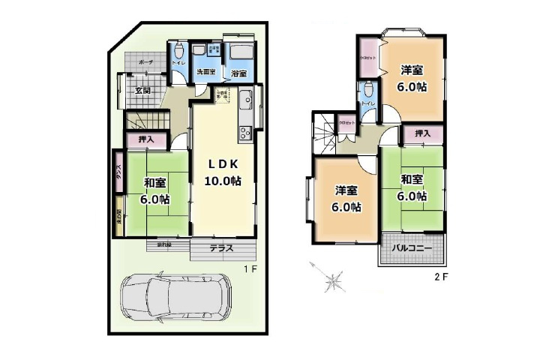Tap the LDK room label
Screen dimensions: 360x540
coord(223,163)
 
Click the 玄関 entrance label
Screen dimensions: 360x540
coord(143,91)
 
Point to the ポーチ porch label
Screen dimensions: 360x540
coord(147,62)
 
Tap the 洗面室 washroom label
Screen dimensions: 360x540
coord(205,72)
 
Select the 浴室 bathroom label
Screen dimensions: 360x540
coord(239,73)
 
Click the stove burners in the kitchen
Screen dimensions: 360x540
coord(245,133)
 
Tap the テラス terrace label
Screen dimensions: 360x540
coord(221,249)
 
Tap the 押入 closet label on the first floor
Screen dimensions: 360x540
coord(147,139)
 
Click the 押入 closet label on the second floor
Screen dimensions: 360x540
coord(423,133)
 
